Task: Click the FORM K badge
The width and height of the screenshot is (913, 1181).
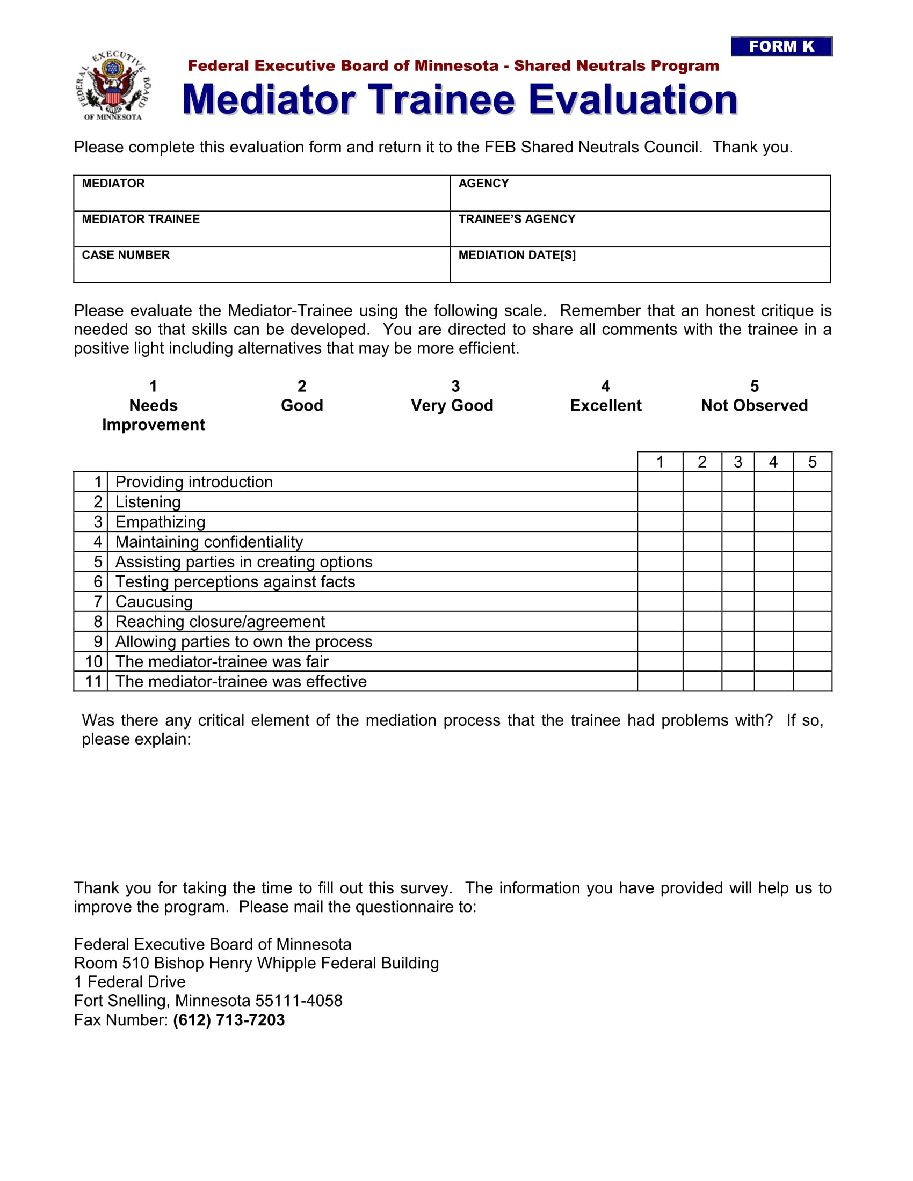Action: click(x=781, y=47)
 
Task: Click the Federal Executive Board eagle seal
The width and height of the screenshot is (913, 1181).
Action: click(x=113, y=85)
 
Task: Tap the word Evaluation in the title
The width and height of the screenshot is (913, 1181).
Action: click(x=633, y=100)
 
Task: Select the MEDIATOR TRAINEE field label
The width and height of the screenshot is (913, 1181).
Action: click(x=141, y=219)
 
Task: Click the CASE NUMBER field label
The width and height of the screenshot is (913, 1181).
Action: click(x=126, y=254)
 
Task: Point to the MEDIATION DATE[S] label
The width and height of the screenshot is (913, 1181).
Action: click(x=517, y=254)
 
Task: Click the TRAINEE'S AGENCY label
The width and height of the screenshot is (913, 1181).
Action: click(x=517, y=219)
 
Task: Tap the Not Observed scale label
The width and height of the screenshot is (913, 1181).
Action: click(x=754, y=405)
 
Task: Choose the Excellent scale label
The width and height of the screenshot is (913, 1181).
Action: click(x=605, y=405)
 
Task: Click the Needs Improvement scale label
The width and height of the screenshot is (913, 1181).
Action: click(x=153, y=415)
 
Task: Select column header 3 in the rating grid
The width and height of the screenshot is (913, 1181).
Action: click(x=737, y=462)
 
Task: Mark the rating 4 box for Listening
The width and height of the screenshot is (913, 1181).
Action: click(x=773, y=502)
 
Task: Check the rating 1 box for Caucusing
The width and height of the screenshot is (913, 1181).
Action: click(x=660, y=601)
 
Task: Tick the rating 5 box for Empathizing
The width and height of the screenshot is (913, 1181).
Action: click(x=812, y=522)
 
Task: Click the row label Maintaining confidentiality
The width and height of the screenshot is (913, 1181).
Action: click(x=209, y=542)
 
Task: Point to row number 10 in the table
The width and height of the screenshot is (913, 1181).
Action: click(x=93, y=661)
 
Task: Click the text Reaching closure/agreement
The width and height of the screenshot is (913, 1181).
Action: click(x=220, y=622)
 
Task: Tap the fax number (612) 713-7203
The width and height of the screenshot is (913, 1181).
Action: click(x=229, y=1020)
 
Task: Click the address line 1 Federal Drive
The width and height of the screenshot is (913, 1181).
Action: click(x=130, y=982)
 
